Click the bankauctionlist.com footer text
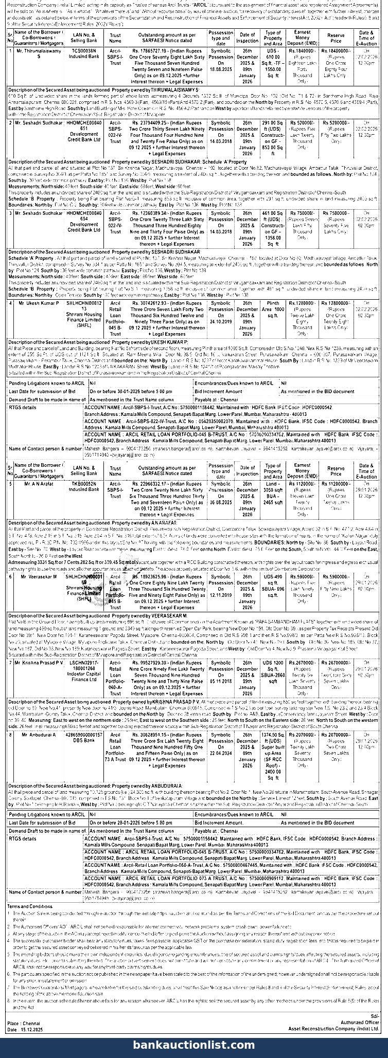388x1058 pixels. tap(194, 1045)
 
